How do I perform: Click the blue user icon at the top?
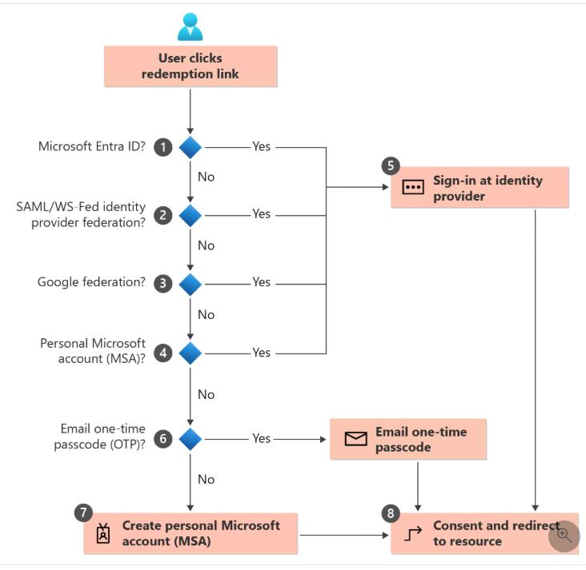pos(190,26)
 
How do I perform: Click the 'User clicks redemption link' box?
pos(190,66)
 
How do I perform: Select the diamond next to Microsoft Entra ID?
pos(190,147)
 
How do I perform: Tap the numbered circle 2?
pos(163,215)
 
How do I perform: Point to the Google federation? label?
pos(91,282)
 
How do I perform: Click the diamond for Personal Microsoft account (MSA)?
pos(190,353)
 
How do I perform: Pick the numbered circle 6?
pos(163,439)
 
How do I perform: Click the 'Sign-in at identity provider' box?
pos(480,188)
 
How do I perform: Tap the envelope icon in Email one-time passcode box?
pos(355,439)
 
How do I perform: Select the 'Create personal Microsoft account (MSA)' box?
pos(191,533)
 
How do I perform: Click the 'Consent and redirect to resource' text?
pos(495,533)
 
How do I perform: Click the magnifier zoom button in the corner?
pos(564,535)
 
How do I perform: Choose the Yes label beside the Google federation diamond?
pos(261,282)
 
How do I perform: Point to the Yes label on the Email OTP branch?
pos(261,439)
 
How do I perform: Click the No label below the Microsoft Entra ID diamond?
pos(206,177)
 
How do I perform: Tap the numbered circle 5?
pos(391,166)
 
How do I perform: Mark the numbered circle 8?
pos(391,514)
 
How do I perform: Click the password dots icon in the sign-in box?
pos(412,188)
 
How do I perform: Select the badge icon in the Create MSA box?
pos(103,534)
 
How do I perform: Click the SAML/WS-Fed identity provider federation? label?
pos(81,214)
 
